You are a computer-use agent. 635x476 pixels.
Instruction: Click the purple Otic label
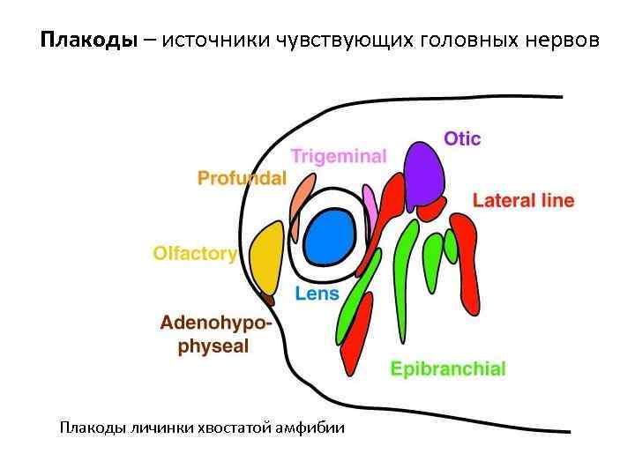[462, 139]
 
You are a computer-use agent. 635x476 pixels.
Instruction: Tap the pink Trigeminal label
[339, 157]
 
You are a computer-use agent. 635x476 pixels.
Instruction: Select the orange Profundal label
[242, 179]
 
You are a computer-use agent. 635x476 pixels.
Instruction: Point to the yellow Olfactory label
[195, 254]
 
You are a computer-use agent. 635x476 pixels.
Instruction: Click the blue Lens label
[317, 294]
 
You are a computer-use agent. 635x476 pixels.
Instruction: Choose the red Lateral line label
[523, 201]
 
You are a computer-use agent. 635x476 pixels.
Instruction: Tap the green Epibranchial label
[448, 368]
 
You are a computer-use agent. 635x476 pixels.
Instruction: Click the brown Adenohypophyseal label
[215, 335]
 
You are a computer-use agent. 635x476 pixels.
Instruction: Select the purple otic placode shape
[423, 172]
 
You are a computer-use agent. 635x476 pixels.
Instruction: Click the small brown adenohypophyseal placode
[270, 300]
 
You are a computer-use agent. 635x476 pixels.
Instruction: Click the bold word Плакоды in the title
[89, 41]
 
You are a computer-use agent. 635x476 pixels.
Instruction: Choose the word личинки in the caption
[159, 428]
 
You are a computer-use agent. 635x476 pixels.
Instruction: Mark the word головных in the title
[462, 41]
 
